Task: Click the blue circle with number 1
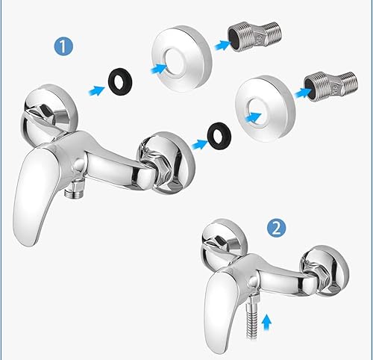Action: coord(63,46)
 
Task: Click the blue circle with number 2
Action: coord(277,228)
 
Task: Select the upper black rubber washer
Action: coord(120,80)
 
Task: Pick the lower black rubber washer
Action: coord(219,136)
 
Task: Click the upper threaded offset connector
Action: coord(254,37)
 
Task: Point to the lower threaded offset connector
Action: coord(330,87)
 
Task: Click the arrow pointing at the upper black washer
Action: coord(97,90)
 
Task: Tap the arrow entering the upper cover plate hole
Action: coord(159,69)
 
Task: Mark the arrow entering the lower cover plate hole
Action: coord(253,117)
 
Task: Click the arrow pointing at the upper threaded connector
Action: coord(223,46)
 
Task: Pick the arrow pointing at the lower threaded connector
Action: coord(303,93)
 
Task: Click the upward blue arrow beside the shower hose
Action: coord(266,323)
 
